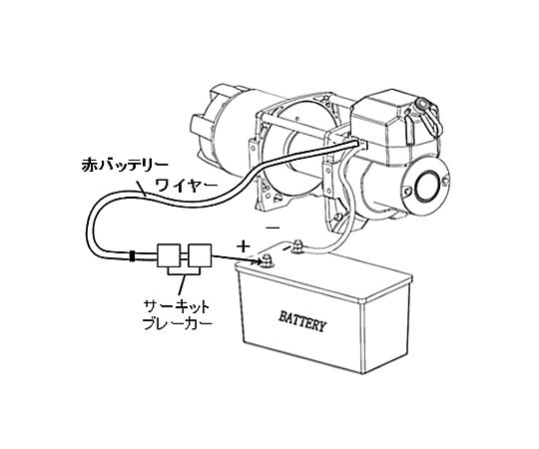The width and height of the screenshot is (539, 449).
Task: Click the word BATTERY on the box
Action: [x=301, y=321]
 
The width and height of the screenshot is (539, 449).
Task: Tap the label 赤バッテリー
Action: [x=125, y=165]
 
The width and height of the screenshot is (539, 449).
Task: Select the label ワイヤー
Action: [x=187, y=186]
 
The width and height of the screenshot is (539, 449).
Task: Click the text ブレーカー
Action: [x=177, y=323]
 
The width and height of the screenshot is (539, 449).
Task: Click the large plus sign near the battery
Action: [x=243, y=246]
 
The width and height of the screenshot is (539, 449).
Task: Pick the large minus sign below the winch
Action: [x=273, y=227]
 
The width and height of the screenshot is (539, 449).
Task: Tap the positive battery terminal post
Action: [x=267, y=261]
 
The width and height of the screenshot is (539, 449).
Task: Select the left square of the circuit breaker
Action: [x=169, y=255]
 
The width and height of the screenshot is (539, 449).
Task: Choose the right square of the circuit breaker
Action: [x=200, y=255]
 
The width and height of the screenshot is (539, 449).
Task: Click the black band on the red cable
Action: [x=132, y=256]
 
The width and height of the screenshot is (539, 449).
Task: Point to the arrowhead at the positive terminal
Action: [x=258, y=261]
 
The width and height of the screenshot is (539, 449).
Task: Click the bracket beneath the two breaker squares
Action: [x=184, y=271]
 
